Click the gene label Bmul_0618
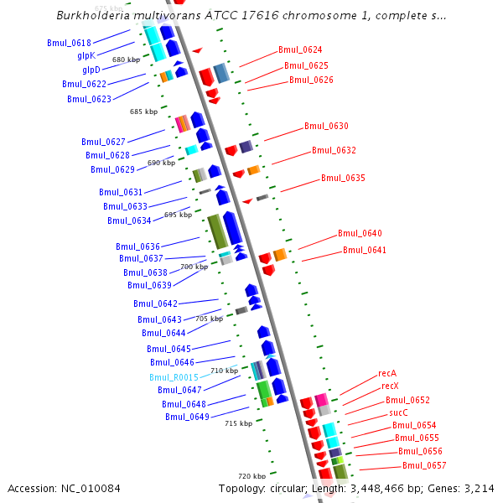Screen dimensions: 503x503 click(x=70, y=42)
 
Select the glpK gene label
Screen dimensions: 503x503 click(x=87, y=55)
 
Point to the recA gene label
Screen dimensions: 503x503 click(x=387, y=373)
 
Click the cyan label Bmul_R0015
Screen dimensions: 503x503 click(x=174, y=377)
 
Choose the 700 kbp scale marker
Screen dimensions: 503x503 click(x=194, y=267)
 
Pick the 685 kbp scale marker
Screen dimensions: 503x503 click(x=143, y=111)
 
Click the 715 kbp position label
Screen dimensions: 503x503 click(x=238, y=423)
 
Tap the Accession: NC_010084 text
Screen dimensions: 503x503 click(x=64, y=488)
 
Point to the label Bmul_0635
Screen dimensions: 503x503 click(x=344, y=178)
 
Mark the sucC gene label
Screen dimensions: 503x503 click(x=398, y=412)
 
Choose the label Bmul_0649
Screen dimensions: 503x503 click(x=187, y=417)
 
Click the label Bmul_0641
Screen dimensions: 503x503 click(x=365, y=250)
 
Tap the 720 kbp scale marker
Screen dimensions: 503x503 click(x=252, y=475)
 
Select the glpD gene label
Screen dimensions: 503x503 click(x=90, y=70)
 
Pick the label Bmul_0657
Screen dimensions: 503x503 click(x=424, y=465)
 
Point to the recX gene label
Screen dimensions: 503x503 click(x=390, y=386)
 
